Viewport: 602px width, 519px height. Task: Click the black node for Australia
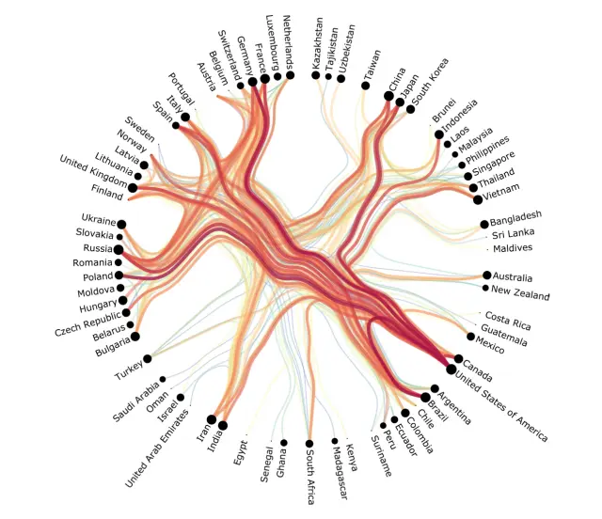pos(487,275)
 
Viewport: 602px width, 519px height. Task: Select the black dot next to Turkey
pos(149,358)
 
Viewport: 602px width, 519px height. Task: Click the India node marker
pos(223,426)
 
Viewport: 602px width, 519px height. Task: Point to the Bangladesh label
pos(516,217)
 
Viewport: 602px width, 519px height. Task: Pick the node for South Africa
pos(309,443)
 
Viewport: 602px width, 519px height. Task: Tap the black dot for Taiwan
pos(365,86)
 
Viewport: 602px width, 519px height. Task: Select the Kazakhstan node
pos(317,74)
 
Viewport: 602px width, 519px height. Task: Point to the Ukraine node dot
pos(121,224)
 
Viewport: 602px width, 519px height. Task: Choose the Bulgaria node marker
pos(135,336)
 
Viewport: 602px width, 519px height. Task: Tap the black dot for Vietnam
pos(478,199)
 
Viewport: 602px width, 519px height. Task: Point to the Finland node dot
pos(133,188)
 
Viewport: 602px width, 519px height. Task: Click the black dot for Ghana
pos(283,442)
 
